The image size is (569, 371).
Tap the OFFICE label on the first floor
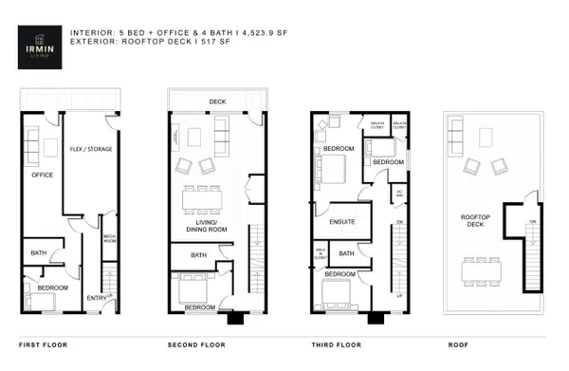[42, 175]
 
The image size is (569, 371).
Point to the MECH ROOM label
[109, 237]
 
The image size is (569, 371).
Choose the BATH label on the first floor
[39, 253]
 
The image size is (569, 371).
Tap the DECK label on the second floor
[217, 102]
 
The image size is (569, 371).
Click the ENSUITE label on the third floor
[342, 223]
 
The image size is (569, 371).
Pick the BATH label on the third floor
[346, 253]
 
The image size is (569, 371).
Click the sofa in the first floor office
[29, 146]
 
